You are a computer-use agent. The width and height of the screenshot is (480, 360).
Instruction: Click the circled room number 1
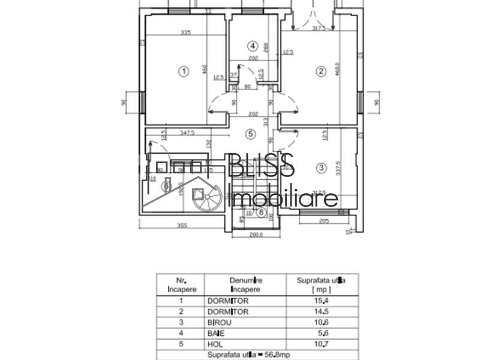click(x=184, y=71)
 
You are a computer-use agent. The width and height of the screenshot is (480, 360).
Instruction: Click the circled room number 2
click(x=321, y=71)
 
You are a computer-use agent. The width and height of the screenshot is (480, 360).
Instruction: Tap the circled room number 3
click(x=321, y=167)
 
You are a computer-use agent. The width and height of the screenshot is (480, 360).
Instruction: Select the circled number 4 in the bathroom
click(x=253, y=46)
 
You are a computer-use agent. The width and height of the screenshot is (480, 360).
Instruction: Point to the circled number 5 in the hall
click(x=251, y=134)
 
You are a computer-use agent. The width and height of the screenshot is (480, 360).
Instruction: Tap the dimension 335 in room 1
click(x=185, y=33)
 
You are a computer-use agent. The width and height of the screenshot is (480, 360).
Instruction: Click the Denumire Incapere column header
click(x=245, y=284)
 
